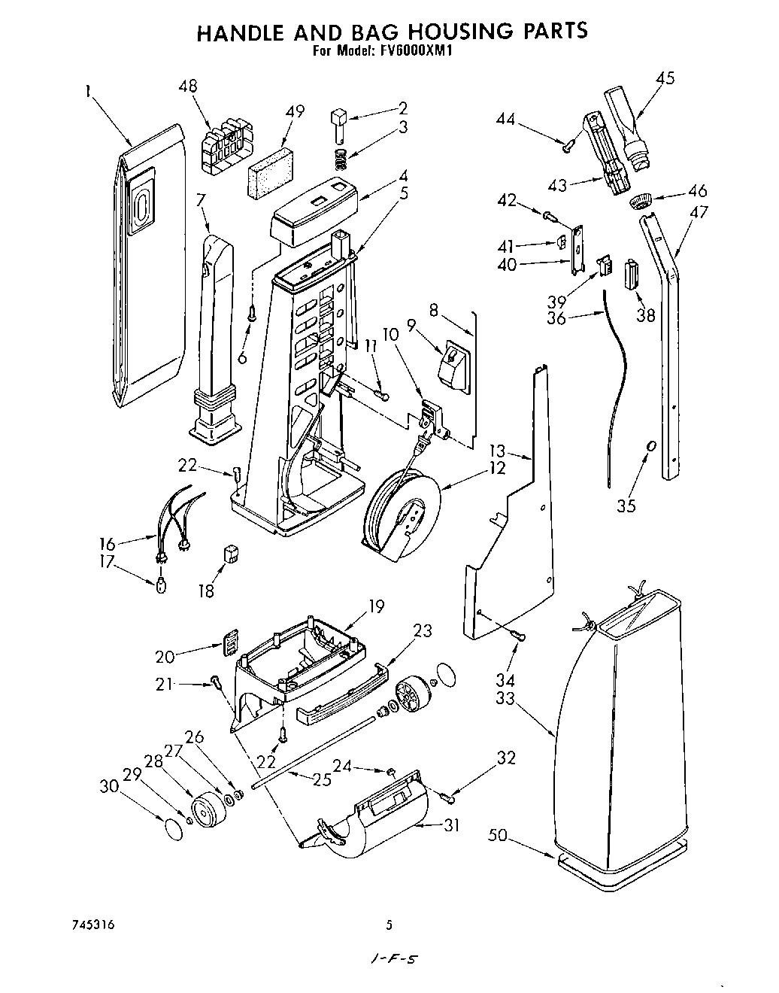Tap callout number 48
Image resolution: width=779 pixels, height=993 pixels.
tap(188, 86)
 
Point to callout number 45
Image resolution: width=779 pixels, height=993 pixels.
tap(665, 78)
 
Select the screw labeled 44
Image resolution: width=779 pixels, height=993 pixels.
tap(569, 145)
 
